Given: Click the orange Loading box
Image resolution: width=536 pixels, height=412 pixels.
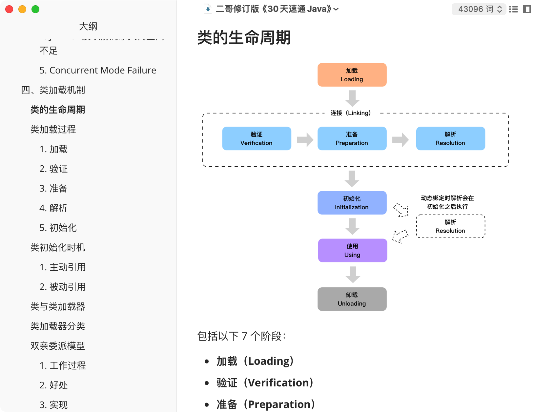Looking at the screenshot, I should point(352,75).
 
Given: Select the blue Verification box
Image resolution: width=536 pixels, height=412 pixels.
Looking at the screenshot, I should point(257,138).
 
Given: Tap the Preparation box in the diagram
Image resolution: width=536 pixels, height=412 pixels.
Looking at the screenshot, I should point(352,138).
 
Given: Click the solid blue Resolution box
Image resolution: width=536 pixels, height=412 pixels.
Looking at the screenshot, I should point(450,138).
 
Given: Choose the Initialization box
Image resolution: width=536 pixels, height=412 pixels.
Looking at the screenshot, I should point(352,203).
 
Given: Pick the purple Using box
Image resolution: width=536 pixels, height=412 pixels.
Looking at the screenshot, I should point(352,250).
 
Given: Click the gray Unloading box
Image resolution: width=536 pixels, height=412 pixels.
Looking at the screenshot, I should point(352,299).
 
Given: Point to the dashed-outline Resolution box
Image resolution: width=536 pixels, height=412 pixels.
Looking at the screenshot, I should point(450,226).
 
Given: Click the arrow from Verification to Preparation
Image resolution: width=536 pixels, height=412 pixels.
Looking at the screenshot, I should point(305,140).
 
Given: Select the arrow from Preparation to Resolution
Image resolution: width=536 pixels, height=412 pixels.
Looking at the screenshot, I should point(400,140).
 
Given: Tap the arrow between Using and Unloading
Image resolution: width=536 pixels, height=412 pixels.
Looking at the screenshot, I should point(353,275).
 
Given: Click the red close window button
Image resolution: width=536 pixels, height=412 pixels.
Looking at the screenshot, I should point(9,9).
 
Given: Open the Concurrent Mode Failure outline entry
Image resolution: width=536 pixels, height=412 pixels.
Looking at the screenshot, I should point(98,70).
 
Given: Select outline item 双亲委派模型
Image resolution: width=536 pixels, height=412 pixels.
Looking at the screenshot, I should point(58,346).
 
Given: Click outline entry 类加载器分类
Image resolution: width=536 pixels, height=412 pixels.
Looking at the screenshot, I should point(58,326).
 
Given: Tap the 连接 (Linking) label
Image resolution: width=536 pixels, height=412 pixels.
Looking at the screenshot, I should point(351,113).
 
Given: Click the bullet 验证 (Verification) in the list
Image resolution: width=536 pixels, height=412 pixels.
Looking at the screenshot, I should point(265,383).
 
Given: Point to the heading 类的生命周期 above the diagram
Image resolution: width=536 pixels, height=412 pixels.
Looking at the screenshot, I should point(244,37).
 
